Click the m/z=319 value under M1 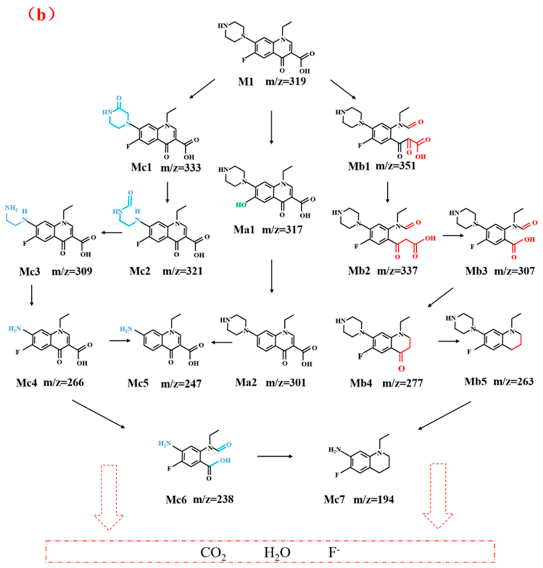pyautogui.click(x=286, y=81)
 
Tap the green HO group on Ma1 pyautogui.click(x=241, y=205)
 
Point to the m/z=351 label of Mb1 pyautogui.click(x=395, y=166)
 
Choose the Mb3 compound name pyautogui.click(x=477, y=271)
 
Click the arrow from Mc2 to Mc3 pyautogui.click(x=111, y=232)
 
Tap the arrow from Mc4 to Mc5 pyautogui.click(x=120, y=340)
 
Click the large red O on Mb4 pyautogui.click(x=402, y=369)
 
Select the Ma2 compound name pyautogui.click(x=246, y=382)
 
